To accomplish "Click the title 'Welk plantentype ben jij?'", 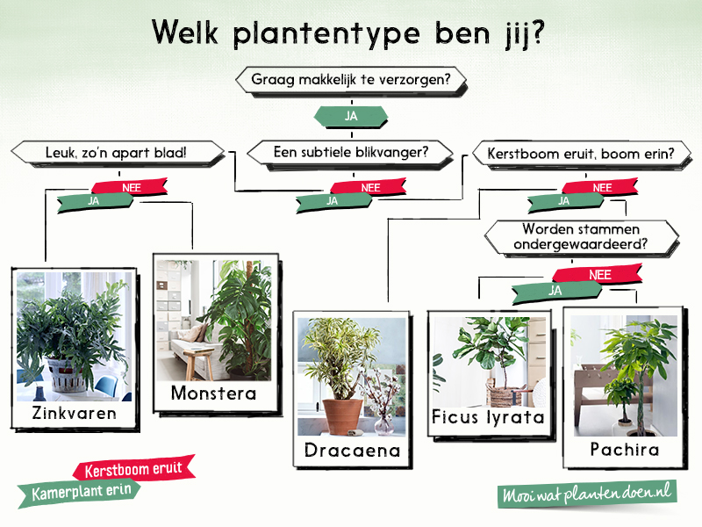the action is click(x=348, y=32).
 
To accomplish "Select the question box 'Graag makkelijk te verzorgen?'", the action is click(x=351, y=80).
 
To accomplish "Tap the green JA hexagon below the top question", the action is click(x=351, y=116).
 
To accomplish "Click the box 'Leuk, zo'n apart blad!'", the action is click(x=117, y=153).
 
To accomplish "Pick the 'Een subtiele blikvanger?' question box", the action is click(x=350, y=152).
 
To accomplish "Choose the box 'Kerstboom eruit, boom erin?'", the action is click(x=581, y=154).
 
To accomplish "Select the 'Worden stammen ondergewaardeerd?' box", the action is click(x=581, y=236).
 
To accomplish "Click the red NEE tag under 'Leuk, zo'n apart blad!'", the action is click(x=130, y=187).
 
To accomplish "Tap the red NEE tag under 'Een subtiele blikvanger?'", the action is click(x=369, y=187).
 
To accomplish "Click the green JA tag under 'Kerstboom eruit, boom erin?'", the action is click(x=565, y=201).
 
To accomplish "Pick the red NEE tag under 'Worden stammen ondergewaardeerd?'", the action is click(x=598, y=274).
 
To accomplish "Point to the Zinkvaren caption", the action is click(x=75, y=413).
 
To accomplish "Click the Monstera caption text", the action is click(x=213, y=393).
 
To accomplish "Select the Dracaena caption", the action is click(x=352, y=450).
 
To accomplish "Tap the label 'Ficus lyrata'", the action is click(x=488, y=416).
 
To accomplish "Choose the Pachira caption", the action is click(x=625, y=449).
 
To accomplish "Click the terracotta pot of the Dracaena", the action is click(x=342, y=416).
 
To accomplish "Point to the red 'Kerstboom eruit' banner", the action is click(x=133, y=469).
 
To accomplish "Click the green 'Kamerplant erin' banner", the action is click(x=81, y=493).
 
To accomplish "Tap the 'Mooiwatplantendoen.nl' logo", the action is click(x=587, y=495).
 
